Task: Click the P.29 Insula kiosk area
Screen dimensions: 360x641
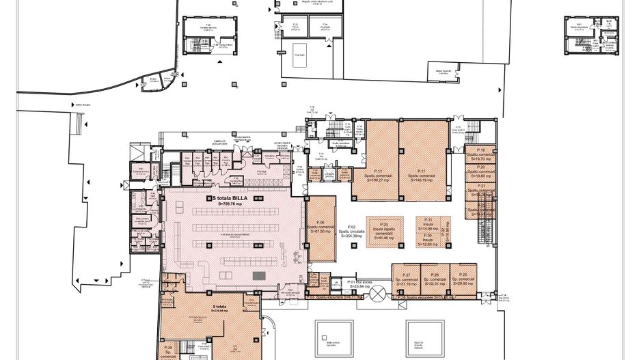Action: point(384,230)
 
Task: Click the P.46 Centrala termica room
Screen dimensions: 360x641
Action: point(206,27)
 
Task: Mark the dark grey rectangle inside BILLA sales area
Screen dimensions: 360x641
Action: point(259,275)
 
